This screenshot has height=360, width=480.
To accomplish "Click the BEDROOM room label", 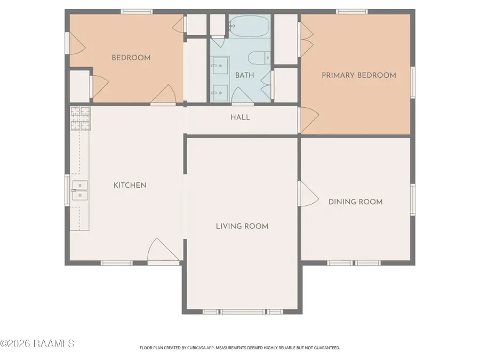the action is click(x=131, y=58).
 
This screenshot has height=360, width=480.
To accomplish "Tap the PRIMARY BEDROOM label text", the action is click(x=359, y=75).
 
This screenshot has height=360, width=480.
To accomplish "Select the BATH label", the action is click(x=245, y=75).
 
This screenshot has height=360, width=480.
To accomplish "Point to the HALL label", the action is click(x=241, y=117).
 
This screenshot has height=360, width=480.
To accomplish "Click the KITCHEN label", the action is click(x=130, y=185).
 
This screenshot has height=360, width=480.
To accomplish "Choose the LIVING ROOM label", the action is click(x=242, y=226).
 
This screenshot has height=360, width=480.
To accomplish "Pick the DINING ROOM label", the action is click(x=355, y=202).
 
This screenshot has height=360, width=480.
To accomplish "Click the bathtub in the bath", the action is click(x=249, y=26).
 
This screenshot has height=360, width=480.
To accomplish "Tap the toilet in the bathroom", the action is click(x=259, y=58).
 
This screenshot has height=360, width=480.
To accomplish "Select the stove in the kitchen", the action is click(x=80, y=118).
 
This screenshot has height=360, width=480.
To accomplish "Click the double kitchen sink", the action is click(x=80, y=190).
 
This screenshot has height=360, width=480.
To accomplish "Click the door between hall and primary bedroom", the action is click(x=309, y=120).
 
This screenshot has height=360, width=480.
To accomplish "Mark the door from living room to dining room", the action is click(x=309, y=194).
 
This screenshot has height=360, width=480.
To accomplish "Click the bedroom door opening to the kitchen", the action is click(x=163, y=95).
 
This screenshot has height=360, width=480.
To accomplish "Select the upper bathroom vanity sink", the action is click(x=220, y=66).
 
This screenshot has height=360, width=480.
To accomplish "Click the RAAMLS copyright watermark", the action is click(x=37, y=343).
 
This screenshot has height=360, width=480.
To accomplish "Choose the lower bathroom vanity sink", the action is click(x=220, y=93).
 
